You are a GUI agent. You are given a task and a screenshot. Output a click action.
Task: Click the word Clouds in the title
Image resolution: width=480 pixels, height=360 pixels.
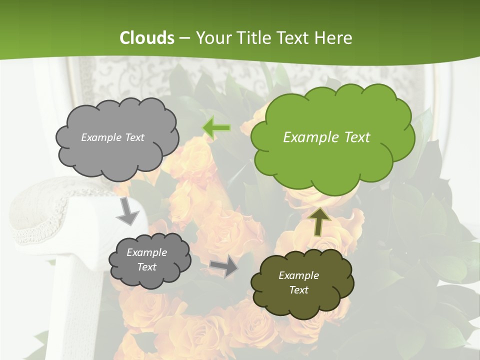(x=146, y=38)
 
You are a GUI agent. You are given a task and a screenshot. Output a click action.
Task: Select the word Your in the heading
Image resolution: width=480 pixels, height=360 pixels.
(x=213, y=38)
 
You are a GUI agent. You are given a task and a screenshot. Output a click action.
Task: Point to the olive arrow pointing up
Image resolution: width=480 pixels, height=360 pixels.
(x=319, y=220)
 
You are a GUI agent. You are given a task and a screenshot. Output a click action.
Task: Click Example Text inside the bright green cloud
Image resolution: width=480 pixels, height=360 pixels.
(x=326, y=137)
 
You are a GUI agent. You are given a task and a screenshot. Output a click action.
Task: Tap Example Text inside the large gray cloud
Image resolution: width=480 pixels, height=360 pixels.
(x=112, y=137)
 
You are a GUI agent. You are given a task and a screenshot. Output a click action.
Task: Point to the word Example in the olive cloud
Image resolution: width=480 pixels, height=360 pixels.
(x=298, y=275)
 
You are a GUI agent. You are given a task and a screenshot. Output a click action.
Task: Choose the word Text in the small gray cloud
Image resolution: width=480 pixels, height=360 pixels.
(x=146, y=267)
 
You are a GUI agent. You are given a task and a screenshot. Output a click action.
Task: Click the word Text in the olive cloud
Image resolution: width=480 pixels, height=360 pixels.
(x=298, y=290)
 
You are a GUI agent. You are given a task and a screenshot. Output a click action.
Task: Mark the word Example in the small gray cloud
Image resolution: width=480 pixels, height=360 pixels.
(x=146, y=252)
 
